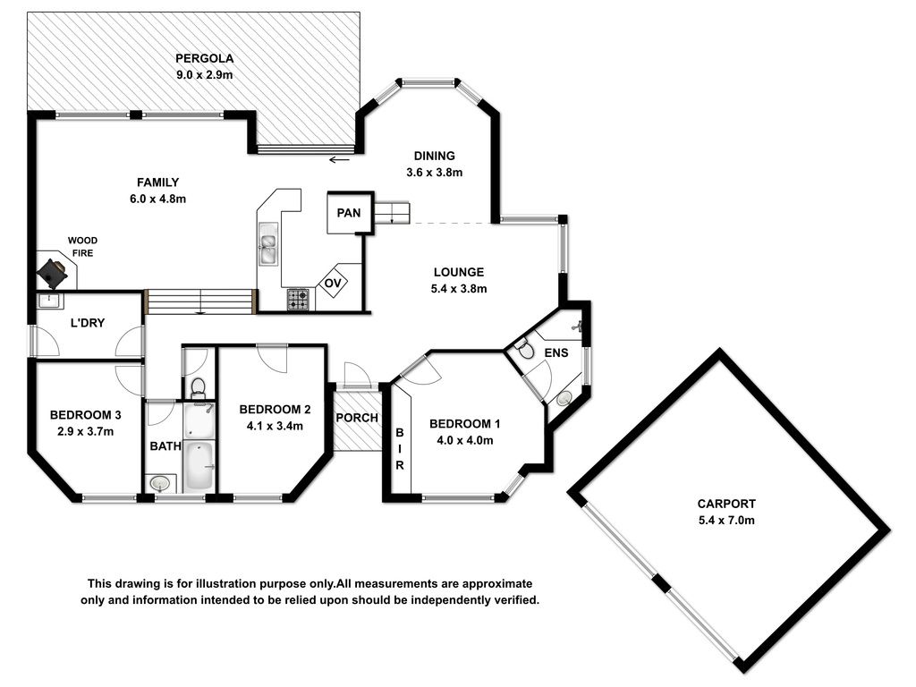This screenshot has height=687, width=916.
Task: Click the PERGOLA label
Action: [x=205, y=58]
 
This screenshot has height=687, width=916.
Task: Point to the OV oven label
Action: [x=333, y=284]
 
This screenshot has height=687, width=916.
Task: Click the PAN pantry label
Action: [x=349, y=213]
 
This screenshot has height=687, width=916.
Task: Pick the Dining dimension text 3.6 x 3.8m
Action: [x=435, y=173]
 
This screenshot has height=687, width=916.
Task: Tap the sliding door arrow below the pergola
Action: [x=339, y=159]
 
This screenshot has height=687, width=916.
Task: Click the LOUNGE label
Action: [x=459, y=272]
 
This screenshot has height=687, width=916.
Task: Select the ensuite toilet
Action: [x=524, y=348]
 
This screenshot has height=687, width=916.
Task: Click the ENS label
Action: [x=556, y=352]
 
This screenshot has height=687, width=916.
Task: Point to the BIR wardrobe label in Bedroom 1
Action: [x=400, y=449]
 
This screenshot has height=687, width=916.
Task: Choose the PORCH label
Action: [x=357, y=418]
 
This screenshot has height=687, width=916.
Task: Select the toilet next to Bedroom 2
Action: [x=199, y=386]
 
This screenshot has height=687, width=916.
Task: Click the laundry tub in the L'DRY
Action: [x=48, y=301]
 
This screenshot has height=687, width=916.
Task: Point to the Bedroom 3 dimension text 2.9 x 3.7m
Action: [x=85, y=432]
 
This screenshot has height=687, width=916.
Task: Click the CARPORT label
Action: [x=726, y=504]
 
